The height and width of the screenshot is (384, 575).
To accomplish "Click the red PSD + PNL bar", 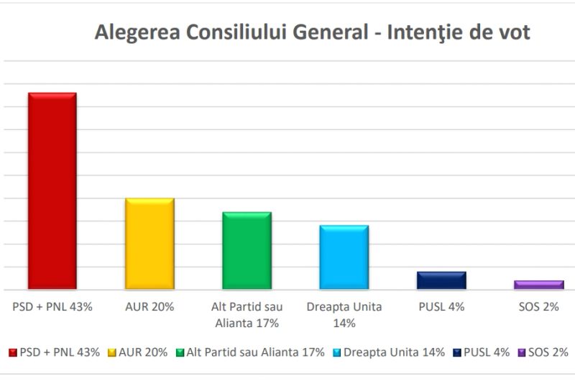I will (x=52, y=191).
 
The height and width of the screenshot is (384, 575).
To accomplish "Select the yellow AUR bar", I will (x=149, y=243).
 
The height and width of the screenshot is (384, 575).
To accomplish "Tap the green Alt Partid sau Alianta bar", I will (x=247, y=250).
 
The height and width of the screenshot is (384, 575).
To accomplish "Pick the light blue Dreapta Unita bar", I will (x=344, y=257).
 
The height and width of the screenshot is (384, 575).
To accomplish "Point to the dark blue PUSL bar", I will (x=441, y=280).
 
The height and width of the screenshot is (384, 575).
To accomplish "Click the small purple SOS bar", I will (x=538, y=285).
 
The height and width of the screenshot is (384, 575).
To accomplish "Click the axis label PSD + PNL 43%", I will (x=52, y=306).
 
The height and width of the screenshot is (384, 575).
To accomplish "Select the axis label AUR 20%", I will (x=149, y=306).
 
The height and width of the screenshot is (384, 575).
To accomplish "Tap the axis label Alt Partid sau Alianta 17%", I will (x=247, y=314).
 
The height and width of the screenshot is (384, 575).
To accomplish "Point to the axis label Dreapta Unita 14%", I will (x=344, y=314).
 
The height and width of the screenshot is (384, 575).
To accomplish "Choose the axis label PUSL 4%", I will (x=441, y=306).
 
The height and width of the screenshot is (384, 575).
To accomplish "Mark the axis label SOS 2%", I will (x=538, y=306).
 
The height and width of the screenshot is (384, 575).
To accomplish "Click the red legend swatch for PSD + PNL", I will (x=12, y=353).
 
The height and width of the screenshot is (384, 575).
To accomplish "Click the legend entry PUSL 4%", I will (x=485, y=352).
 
